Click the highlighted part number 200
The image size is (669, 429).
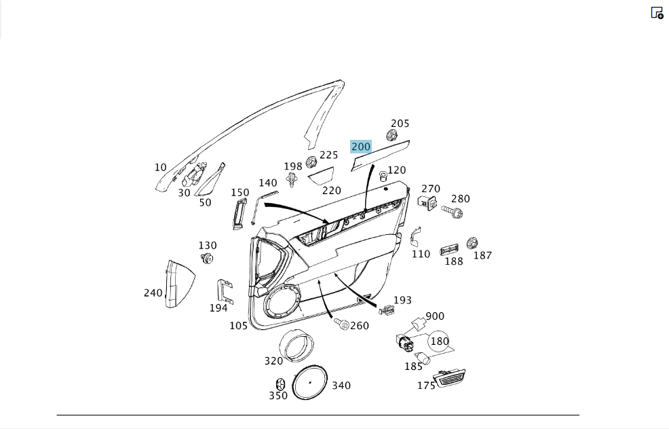pyautogui.click(x=360, y=147)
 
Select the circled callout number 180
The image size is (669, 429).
pyautogui.click(x=438, y=341)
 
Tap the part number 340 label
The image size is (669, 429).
pyautogui.click(x=341, y=385)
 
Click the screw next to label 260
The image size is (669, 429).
pyautogui.click(x=341, y=323)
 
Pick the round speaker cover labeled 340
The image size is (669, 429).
pyautogui.click(x=310, y=382)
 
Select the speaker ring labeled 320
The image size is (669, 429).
pyautogui.click(x=296, y=345)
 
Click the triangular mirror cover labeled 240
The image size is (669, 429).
pyautogui.click(x=179, y=284)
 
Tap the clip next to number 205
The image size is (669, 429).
pyautogui.click(x=391, y=135)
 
